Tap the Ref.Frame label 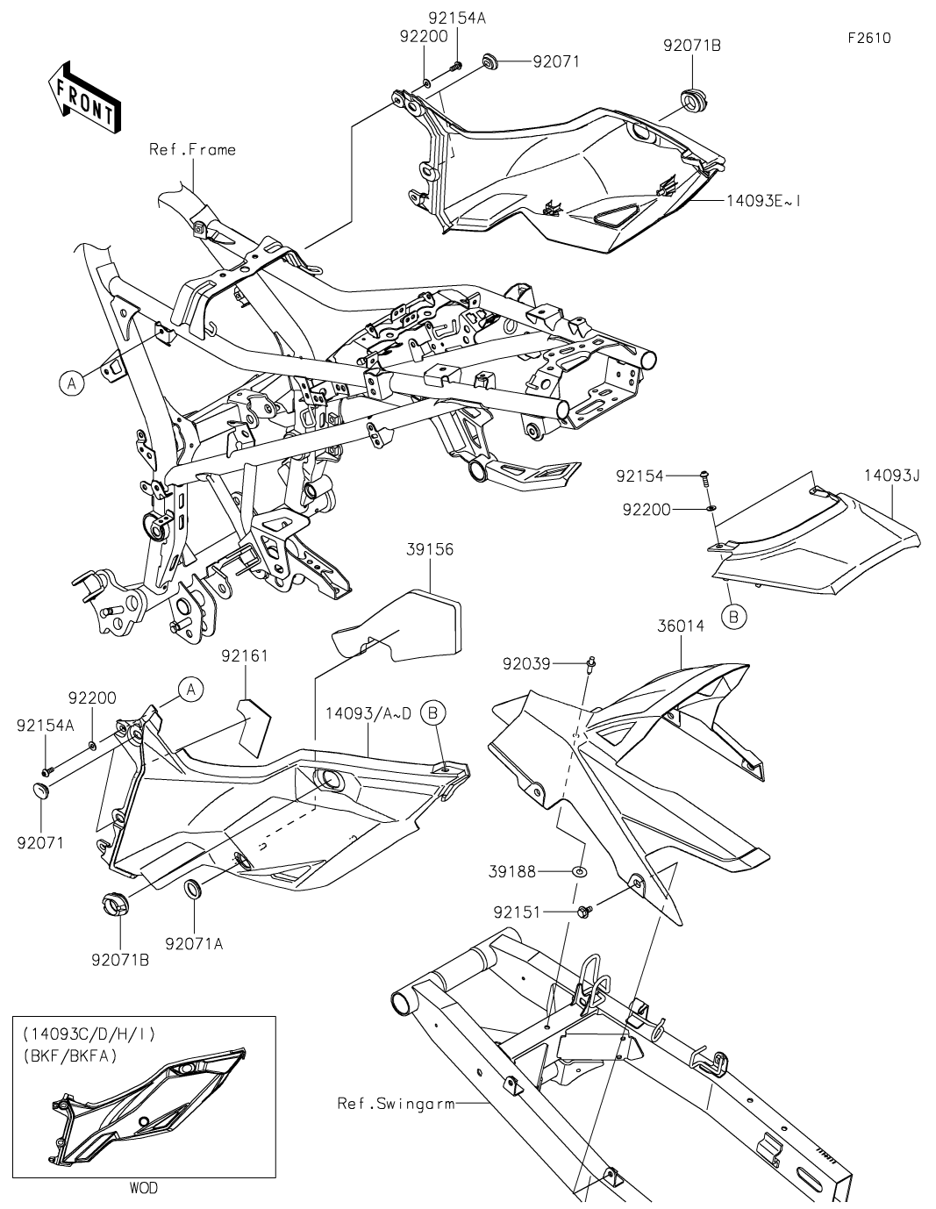(x=192, y=150)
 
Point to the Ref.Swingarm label (x=397, y=1103)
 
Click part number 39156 (x=430, y=550)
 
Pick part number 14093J (x=891, y=476)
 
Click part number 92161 (x=244, y=655)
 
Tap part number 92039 (x=552, y=663)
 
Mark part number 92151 (x=544, y=912)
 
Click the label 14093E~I (x=762, y=201)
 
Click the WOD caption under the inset (x=144, y=1188)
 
